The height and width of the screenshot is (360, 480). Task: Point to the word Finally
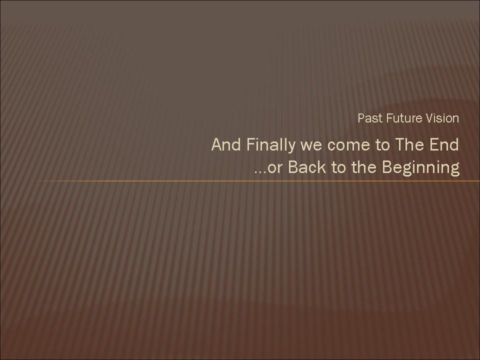pyautogui.click(x=270, y=145)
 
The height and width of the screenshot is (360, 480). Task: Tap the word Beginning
pyautogui.click(x=421, y=168)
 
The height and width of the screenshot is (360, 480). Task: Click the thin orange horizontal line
pyautogui.click(x=257, y=181)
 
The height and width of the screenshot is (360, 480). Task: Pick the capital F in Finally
pyautogui.click(x=250, y=144)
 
